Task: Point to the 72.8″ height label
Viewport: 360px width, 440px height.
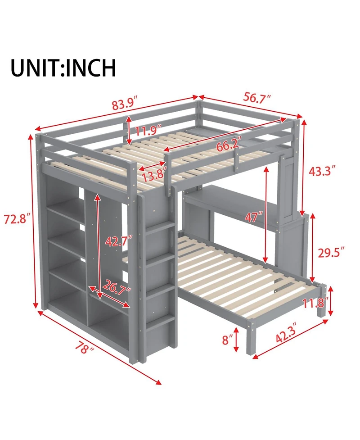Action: [x=17, y=220]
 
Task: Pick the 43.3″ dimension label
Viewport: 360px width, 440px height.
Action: [x=322, y=171]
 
